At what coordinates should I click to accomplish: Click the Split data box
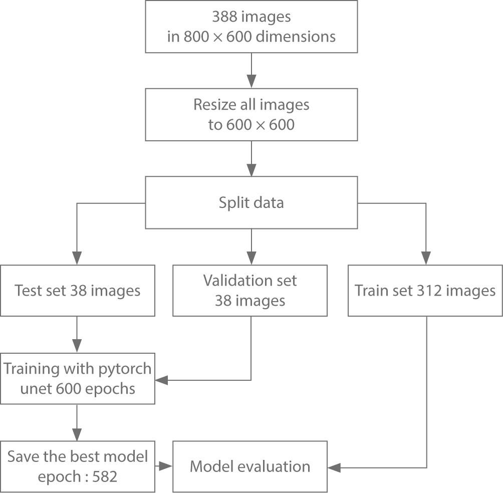251,202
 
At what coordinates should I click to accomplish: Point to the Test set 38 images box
77,291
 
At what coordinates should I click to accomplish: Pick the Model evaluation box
250,466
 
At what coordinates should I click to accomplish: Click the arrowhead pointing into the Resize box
251,82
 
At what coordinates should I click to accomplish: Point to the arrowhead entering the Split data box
251,169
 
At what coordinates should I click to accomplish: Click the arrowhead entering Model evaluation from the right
334,467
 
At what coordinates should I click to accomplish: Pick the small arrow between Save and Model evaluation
164,467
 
